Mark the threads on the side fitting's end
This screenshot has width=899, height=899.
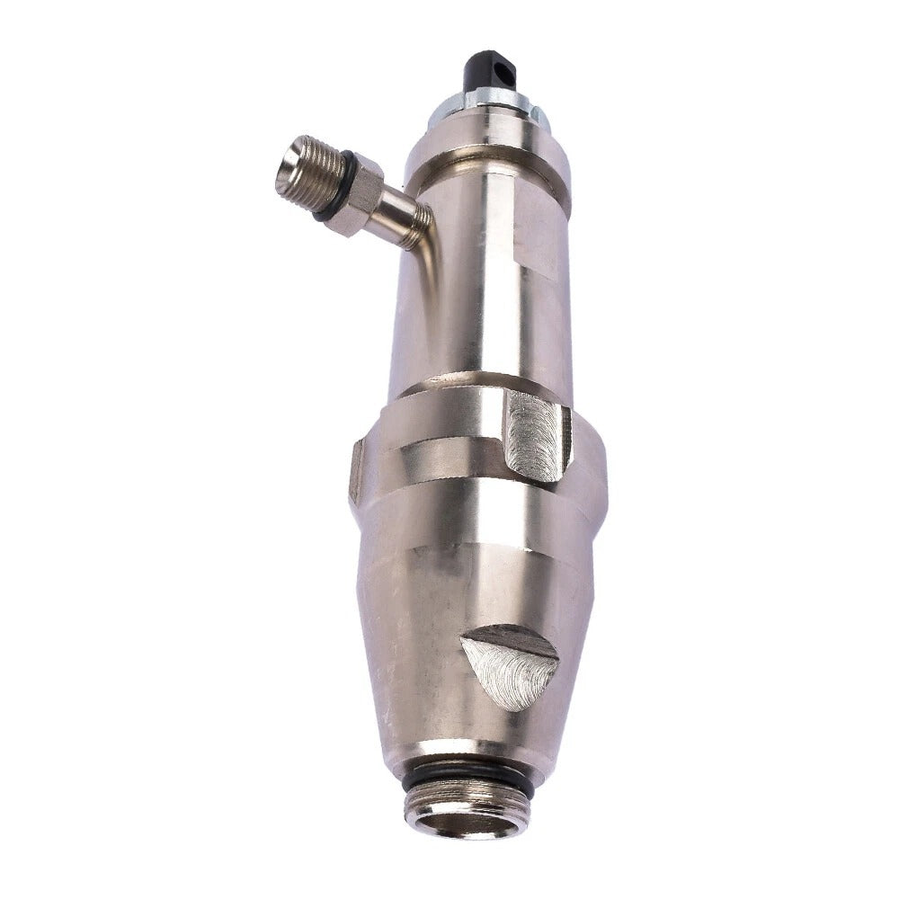pyautogui.click(x=315, y=166)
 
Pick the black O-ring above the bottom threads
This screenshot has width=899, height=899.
pyautogui.click(x=467, y=775)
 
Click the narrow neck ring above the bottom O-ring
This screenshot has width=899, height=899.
pyautogui.click(x=467, y=753)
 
